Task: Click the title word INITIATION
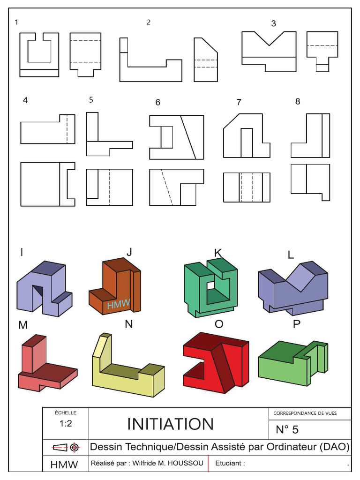click(170, 424)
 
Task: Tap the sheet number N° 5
click(287, 429)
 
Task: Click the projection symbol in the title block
click(65, 447)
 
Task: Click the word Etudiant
click(230, 463)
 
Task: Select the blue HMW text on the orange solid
click(118, 305)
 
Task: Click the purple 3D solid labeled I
click(44, 288)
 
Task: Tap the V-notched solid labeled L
click(293, 288)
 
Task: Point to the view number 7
click(239, 102)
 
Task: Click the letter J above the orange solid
click(128, 252)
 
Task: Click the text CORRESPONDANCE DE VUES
click(305, 413)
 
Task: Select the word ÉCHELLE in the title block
click(65, 413)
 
